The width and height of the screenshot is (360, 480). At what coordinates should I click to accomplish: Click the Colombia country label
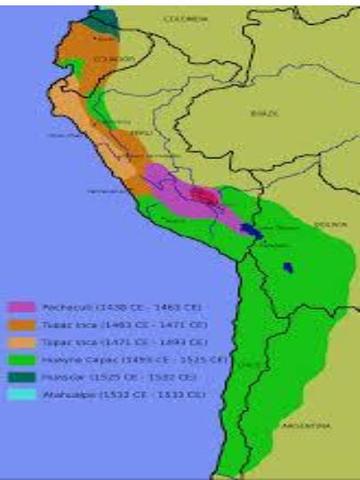pyautogui.click(x=187, y=18)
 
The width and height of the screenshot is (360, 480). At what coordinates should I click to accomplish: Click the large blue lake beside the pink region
pyautogui.click(x=252, y=230)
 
